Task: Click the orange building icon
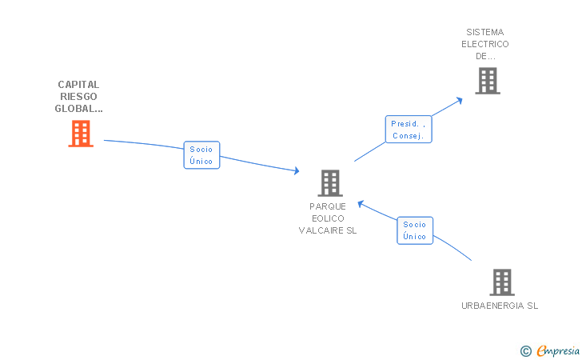81,134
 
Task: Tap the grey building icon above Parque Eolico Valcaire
329,183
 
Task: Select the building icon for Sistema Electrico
487,81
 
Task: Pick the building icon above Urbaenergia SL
501,282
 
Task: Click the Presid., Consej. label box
409,130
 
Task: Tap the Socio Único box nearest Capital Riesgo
201,155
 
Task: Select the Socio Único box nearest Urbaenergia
415,230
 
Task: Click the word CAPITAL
78,85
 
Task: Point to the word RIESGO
78,97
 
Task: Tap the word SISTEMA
485,33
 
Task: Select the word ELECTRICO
485,45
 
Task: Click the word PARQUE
328,206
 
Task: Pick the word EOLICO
328,218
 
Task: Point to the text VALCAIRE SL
328,230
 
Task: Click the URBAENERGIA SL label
500,306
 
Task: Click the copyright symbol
525,350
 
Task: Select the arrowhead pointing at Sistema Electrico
460,99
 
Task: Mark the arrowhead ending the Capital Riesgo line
296,170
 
